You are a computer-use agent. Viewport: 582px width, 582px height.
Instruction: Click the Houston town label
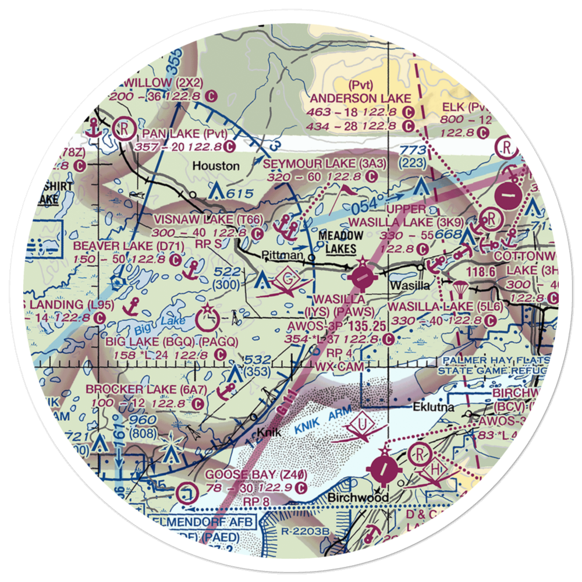pyautogui.click(x=216, y=166)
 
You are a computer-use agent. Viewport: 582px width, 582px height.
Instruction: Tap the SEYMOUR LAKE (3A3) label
pyautogui.click(x=325, y=164)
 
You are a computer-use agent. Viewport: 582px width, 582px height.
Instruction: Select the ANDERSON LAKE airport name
pyautogui.click(x=360, y=98)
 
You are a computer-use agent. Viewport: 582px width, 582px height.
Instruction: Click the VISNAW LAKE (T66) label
pyautogui.click(x=193, y=219)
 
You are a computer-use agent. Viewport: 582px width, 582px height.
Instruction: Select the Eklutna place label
pyautogui.click(x=434, y=407)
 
